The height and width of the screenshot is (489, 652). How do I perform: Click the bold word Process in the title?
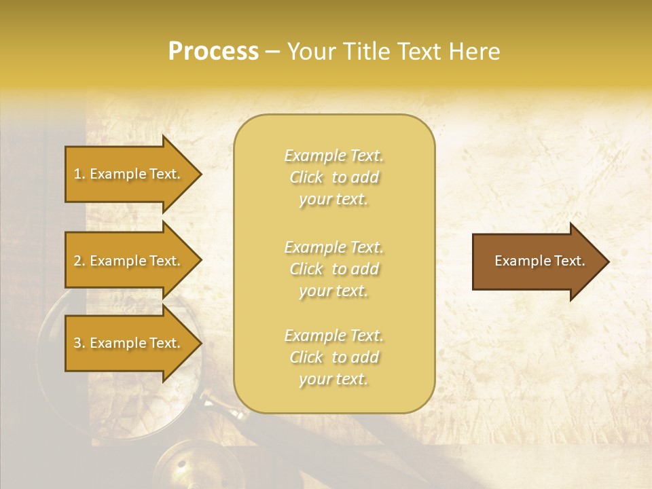213,52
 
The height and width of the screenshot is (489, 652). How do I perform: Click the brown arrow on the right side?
537,261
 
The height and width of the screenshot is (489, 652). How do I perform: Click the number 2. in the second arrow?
79,261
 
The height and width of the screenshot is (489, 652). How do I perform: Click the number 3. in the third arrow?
79,343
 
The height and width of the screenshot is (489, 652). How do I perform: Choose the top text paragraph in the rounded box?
333,177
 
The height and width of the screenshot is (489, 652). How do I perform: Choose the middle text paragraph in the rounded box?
333,269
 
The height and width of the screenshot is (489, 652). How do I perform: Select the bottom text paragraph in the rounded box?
333,357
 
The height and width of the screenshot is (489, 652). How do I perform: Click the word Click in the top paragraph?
306,177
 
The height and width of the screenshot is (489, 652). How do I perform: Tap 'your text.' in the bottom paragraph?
333,379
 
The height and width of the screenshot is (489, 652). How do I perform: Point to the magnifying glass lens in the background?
81,380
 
